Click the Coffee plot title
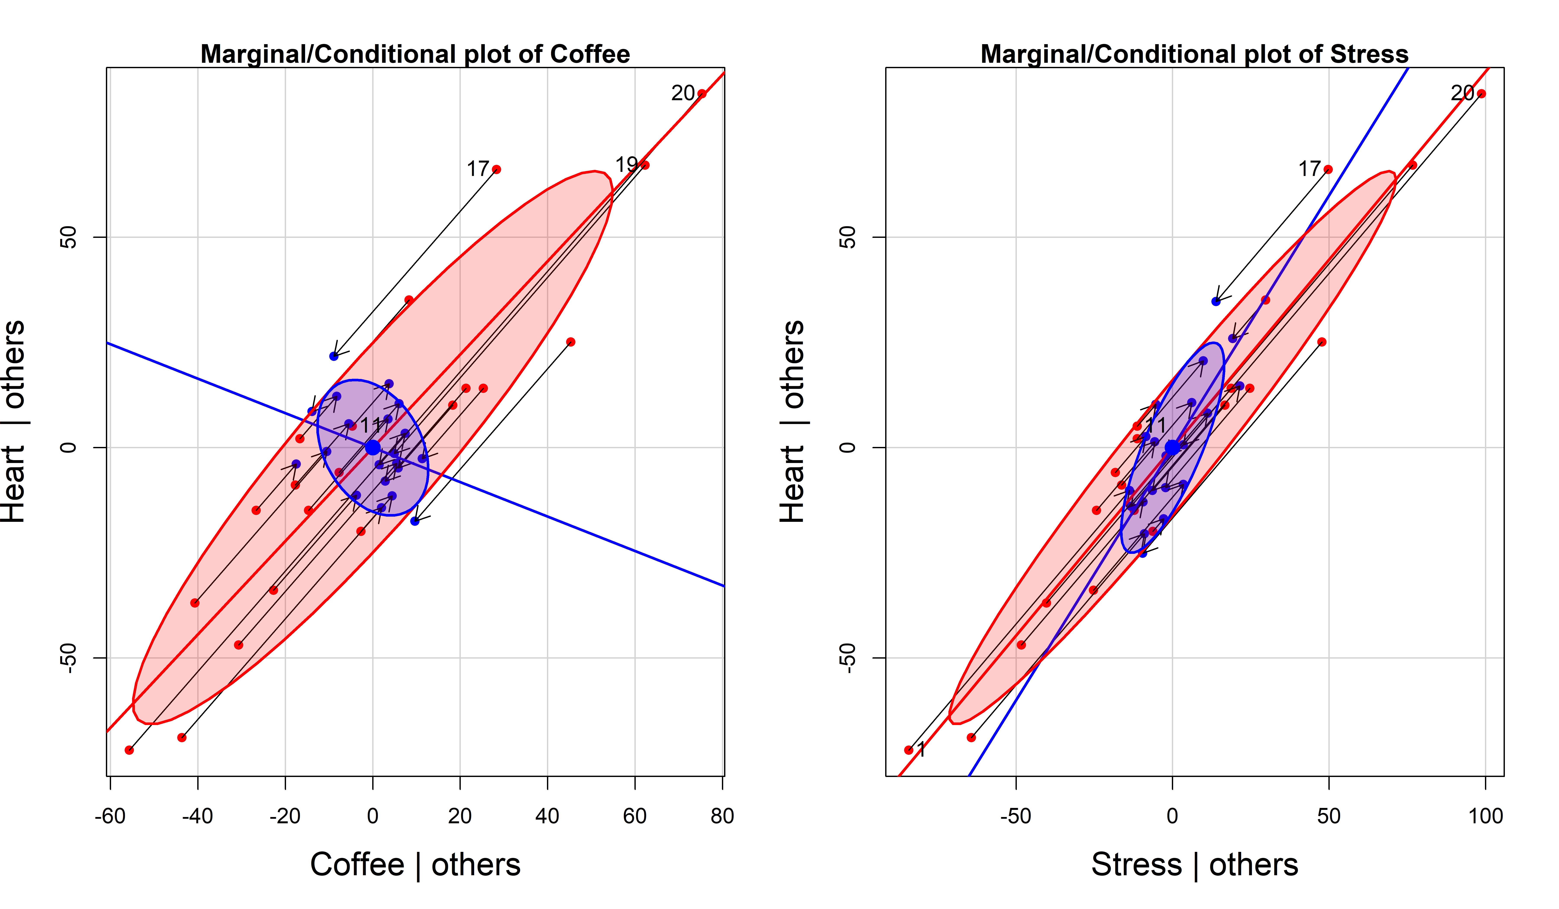(x=415, y=54)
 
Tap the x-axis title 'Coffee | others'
(x=415, y=864)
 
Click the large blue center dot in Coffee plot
(x=372, y=447)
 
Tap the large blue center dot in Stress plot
(x=1172, y=447)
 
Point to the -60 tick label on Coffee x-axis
(x=110, y=816)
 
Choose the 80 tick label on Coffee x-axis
(x=722, y=816)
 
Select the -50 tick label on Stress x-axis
(x=1015, y=816)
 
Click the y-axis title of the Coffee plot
(x=14, y=421)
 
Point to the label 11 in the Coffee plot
(x=372, y=425)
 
